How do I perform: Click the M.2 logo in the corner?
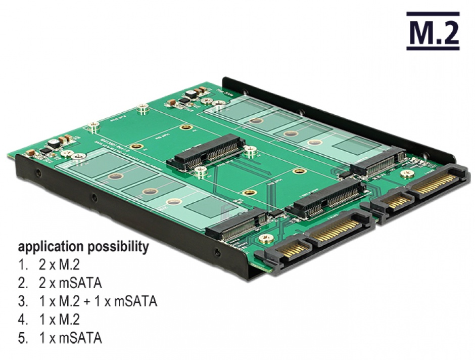433,31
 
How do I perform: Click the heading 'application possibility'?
83,247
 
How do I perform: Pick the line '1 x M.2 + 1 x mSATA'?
98,302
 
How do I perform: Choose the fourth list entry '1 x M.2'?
59,320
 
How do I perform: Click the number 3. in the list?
23,302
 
